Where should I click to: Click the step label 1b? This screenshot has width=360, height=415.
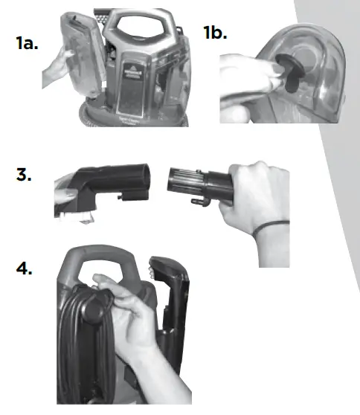coord(216,33)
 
